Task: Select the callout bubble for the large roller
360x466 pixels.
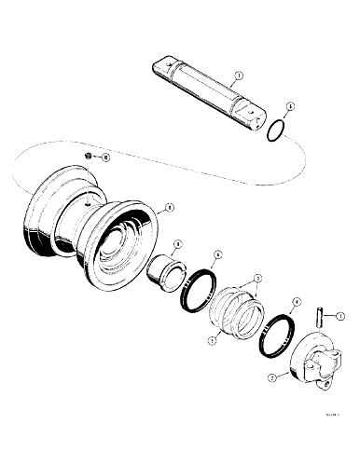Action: click(x=167, y=207)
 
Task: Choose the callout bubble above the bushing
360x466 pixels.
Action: click(x=177, y=244)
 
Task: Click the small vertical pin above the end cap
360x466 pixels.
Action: click(x=319, y=317)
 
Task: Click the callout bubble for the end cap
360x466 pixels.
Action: click(x=270, y=377)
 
